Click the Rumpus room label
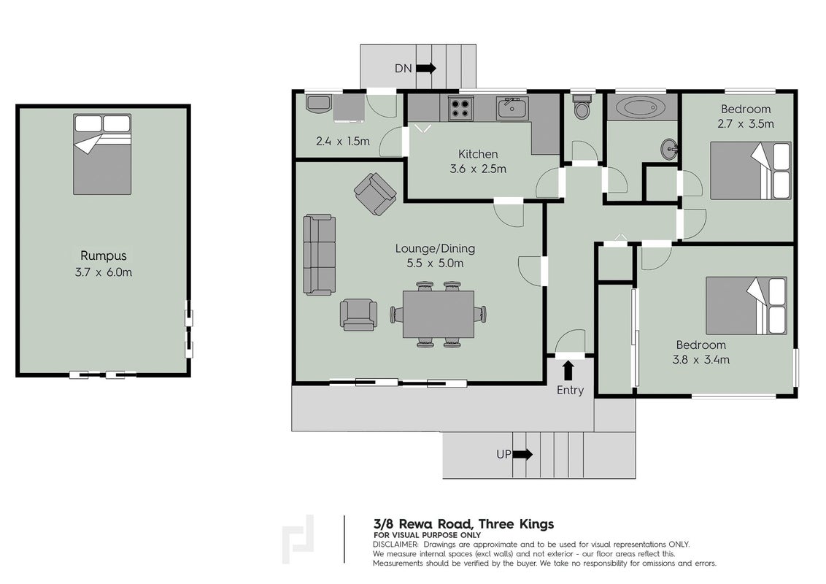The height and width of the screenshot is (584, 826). coord(104,255)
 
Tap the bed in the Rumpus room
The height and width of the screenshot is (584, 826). coord(102,155)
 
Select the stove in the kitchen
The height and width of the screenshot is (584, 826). coord(460,109)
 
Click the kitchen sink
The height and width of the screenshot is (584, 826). coord(512,109)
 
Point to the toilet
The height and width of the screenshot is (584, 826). coord(582,107)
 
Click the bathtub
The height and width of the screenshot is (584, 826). coord(641,109)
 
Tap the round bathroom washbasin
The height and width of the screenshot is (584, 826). coord(670,149)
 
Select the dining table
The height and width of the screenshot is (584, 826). coord(439,314)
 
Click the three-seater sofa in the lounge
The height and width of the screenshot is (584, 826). coord(320,254)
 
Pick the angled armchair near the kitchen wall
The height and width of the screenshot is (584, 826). coord(375,194)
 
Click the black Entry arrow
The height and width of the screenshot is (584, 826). coord(568,371)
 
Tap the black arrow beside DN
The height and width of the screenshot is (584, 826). coord(426,68)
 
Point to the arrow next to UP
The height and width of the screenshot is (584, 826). coord(522,454)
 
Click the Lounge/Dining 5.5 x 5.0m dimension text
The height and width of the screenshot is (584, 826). coord(435,263)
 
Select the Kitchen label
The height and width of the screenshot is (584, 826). coord(478,154)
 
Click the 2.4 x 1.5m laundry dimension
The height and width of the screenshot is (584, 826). coord(343,142)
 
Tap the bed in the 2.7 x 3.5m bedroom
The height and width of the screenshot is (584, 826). coord(751,171)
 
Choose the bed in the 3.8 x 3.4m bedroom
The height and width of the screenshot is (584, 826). coord(746,306)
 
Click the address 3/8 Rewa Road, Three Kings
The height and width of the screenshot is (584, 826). coord(463,524)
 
